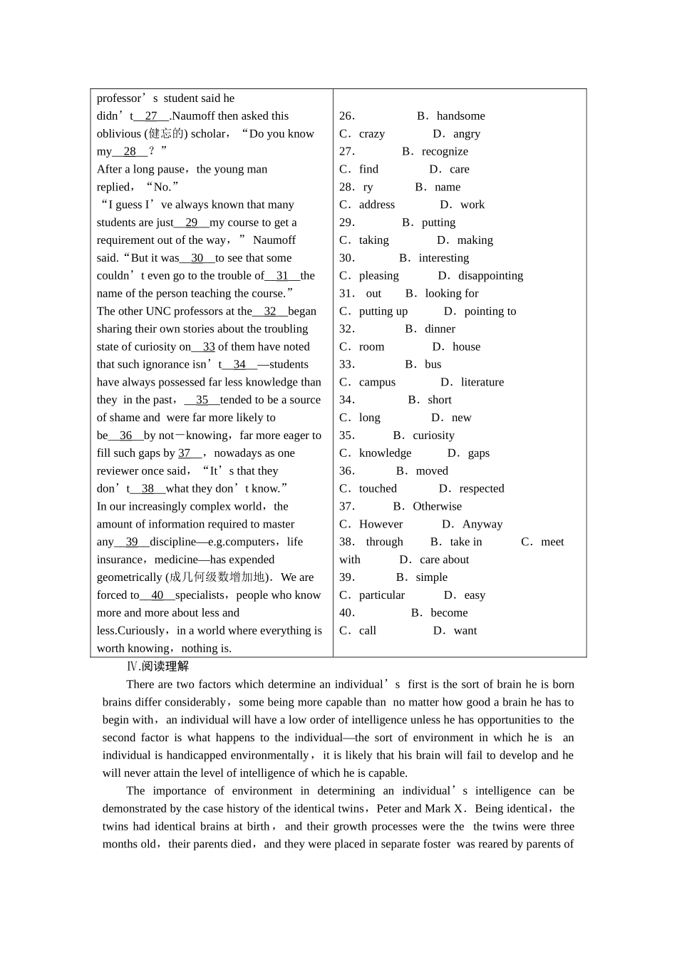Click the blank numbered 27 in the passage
(x=151, y=116)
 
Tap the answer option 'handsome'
(x=460, y=116)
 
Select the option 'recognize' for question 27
(x=445, y=152)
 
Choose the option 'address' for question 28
(x=376, y=205)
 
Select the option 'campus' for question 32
(x=377, y=383)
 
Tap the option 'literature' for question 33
(x=482, y=383)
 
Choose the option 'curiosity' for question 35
(x=433, y=436)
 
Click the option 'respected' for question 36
(x=481, y=489)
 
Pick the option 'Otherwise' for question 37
(x=437, y=507)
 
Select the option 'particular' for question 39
(x=381, y=595)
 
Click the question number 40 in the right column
(x=347, y=613)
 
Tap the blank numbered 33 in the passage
(x=208, y=347)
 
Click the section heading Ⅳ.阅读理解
(x=157, y=666)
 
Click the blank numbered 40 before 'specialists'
(x=157, y=595)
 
